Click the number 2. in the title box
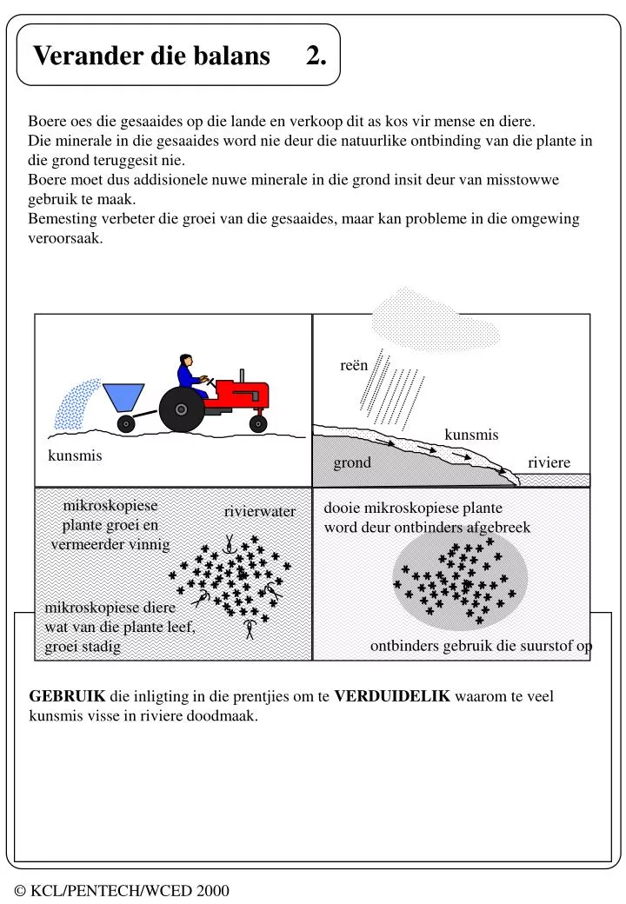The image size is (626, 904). [x=316, y=56]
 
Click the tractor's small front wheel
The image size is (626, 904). [x=258, y=423]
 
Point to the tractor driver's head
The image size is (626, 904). [x=184, y=361]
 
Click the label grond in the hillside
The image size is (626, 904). [x=352, y=462]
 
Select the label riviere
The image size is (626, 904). [x=549, y=462]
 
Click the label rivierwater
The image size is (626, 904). [x=259, y=512]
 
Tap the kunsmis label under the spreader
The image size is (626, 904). [x=75, y=455]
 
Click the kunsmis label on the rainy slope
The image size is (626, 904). [x=471, y=435]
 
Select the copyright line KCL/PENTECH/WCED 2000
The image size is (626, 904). [x=123, y=890]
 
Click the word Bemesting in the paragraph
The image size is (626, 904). [x=60, y=219]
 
